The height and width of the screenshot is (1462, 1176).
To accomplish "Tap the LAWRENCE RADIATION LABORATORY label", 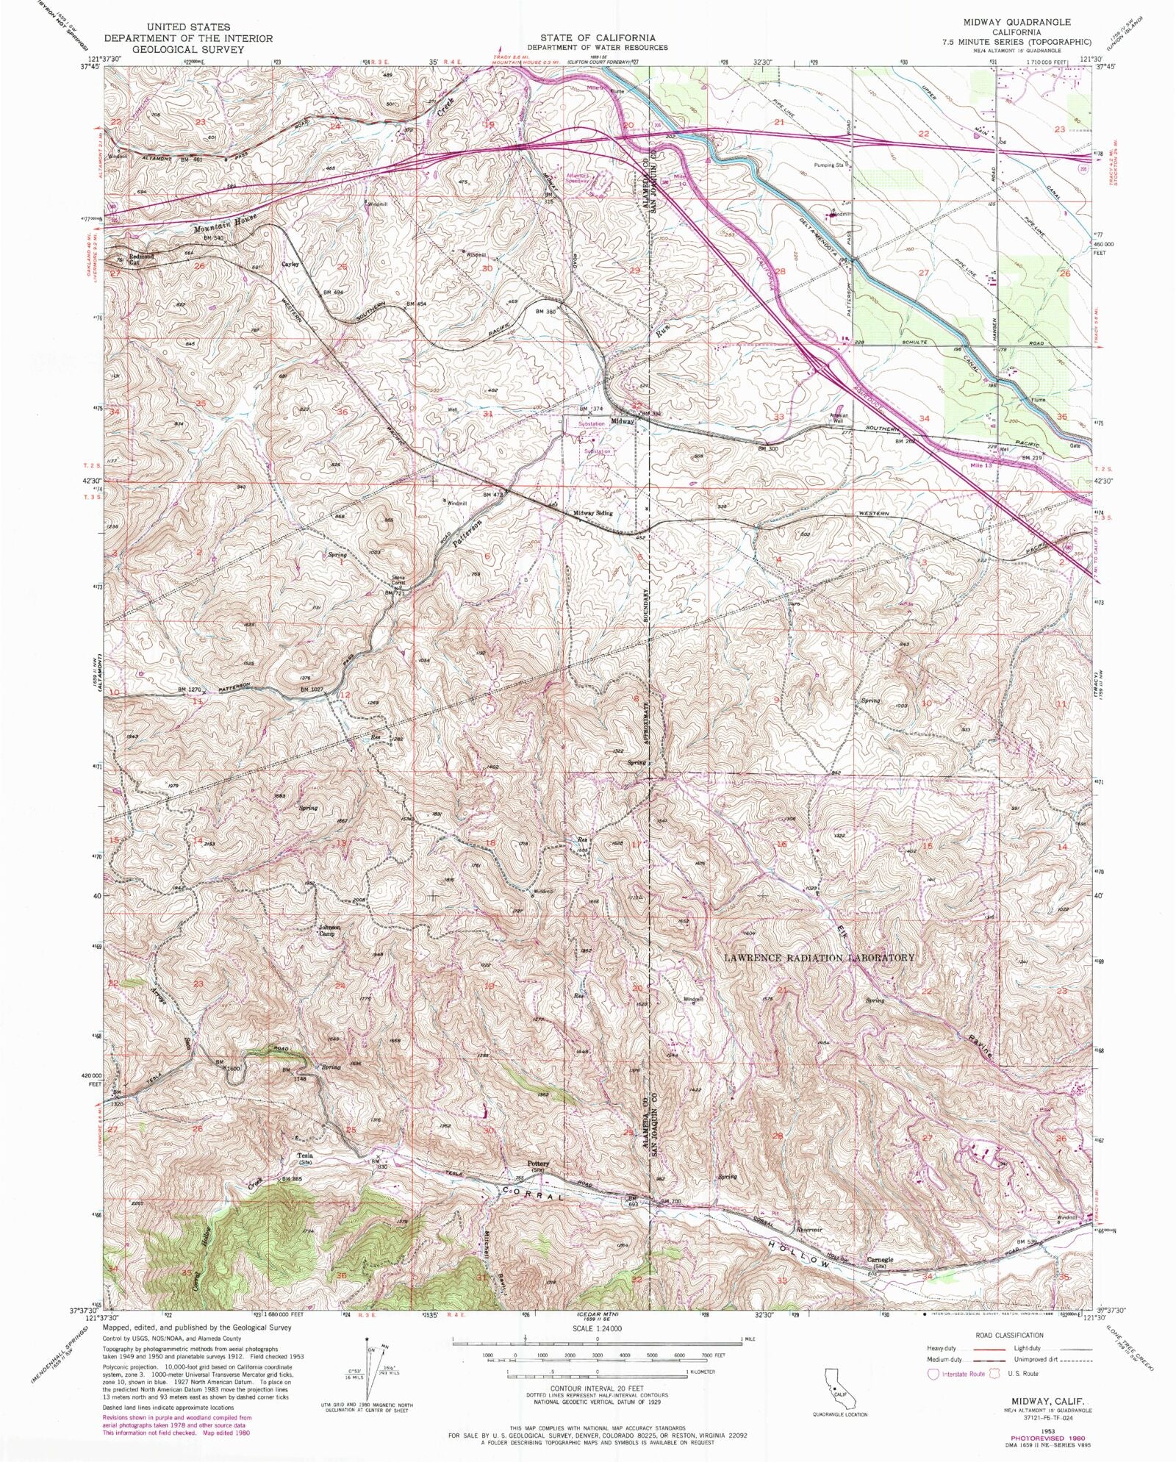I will [x=819, y=958].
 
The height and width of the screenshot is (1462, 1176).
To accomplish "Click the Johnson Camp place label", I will [x=329, y=931].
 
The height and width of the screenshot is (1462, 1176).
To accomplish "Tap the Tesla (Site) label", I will [x=305, y=1158].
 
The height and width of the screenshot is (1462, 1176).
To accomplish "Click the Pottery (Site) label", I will [x=538, y=1167].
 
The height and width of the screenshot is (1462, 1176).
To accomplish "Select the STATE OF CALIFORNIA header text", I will [x=597, y=37].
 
